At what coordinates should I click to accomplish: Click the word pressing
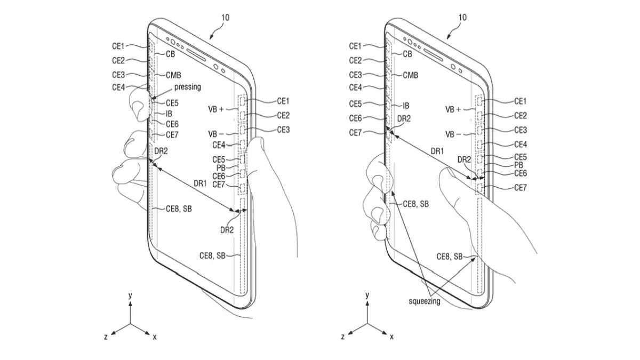coord(187,87)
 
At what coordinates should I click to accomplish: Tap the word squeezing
coord(425,301)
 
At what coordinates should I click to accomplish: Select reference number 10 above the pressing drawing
coord(225,18)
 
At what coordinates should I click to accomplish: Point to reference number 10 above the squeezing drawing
coord(462,18)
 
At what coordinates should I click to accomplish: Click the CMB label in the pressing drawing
coord(173,75)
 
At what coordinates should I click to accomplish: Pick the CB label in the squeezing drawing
coord(407,54)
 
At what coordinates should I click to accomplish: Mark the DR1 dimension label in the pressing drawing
coord(200,183)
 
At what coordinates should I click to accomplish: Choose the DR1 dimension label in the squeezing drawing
coord(437,151)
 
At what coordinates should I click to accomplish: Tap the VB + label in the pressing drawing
coord(215,109)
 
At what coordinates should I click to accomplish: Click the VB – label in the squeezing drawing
coord(453,134)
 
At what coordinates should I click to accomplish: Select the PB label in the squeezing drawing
coord(518,165)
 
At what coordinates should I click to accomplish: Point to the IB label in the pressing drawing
coord(169,114)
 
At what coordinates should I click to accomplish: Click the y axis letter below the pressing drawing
coord(130,295)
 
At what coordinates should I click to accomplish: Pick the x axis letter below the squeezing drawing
coord(391,337)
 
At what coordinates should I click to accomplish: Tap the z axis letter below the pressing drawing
coord(106,337)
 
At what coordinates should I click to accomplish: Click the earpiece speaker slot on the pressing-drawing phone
coord(196,54)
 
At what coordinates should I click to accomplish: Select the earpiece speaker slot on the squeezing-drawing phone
coord(433,54)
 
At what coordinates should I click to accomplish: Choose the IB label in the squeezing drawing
coord(406,106)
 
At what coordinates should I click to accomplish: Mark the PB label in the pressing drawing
coord(221,167)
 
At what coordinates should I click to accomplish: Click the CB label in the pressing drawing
coord(170,54)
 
